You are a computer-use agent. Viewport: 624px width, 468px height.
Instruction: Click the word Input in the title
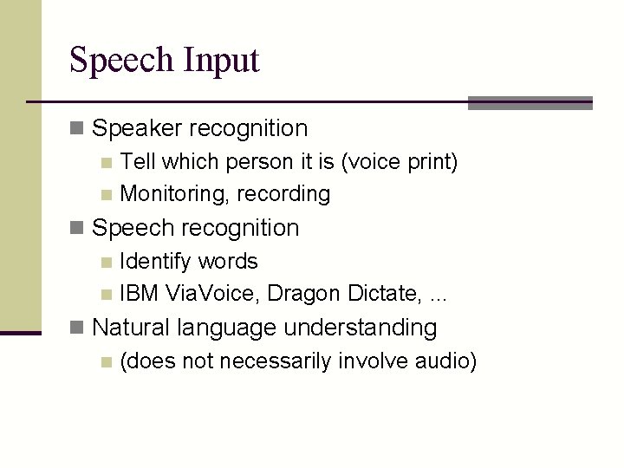[221, 61]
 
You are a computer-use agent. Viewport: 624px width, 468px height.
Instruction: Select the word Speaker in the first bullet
[137, 129]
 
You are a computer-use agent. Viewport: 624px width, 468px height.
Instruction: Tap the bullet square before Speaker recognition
[76, 129]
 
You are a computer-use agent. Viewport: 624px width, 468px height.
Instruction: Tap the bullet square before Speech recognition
[76, 228]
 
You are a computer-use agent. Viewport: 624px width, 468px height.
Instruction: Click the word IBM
[139, 294]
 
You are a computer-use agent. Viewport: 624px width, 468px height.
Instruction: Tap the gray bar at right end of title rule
[530, 103]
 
